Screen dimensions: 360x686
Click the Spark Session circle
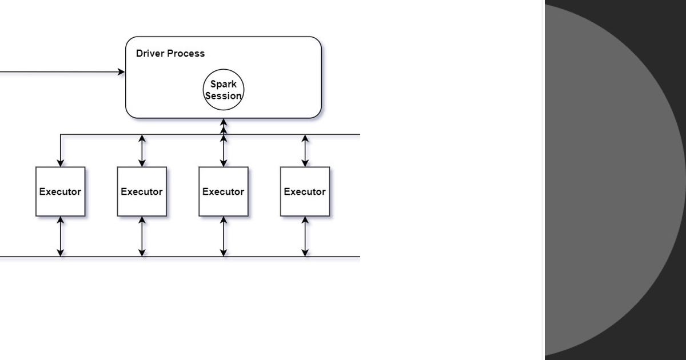(x=224, y=90)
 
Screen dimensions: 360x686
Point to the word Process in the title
(x=185, y=54)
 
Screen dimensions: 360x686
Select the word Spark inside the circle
(x=223, y=84)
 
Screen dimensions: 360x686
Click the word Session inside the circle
(x=223, y=96)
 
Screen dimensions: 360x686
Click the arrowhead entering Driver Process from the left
(x=121, y=72)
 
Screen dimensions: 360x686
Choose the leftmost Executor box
(x=61, y=191)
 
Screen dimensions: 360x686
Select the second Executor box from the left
(x=142, y=191)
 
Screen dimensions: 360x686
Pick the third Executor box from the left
(x=224, y=191)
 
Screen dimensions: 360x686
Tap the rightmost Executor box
(x=305, y=191)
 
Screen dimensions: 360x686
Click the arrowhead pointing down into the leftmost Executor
(x=61, y=163)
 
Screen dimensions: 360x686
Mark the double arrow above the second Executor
(x=142, y=151)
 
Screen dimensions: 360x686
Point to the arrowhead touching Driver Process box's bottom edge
(x=224, y=122)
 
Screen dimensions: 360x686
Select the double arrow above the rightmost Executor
(x=305, y=151)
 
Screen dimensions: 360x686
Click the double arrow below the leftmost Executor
(x=61, y=237)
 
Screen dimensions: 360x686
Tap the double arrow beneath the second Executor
(x=142, y=237)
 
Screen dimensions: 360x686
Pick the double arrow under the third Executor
(x=224, y=237)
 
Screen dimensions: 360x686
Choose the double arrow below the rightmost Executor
(x=305, y=237)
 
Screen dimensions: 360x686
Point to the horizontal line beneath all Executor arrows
(x=183, y=257)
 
